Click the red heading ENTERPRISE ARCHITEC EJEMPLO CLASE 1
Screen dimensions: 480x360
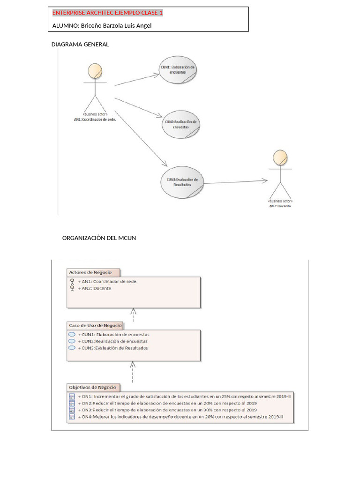point(107,13)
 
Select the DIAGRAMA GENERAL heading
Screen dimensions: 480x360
point(80,45)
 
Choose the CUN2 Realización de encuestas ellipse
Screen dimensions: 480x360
point(180,124)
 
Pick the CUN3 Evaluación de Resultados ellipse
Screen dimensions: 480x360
point(182,181)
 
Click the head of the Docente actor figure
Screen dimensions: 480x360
point(280,157)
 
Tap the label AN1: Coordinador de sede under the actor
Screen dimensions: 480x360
point(95,119)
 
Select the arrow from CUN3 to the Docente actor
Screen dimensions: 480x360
point(234,181)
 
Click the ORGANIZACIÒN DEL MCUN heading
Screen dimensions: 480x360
point(99,238)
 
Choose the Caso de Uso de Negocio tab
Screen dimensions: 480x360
point(95,325)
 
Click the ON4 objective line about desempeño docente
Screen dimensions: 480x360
point(181,417)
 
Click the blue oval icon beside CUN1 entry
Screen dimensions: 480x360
point(72,334)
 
